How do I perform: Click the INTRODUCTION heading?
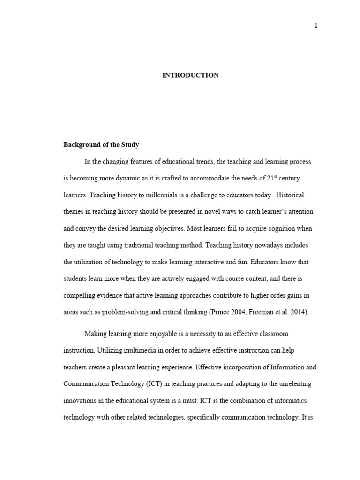(x=190, y=75)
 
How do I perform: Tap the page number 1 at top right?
(x=316, y=26)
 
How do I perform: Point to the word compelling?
(x=80, y=296)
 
